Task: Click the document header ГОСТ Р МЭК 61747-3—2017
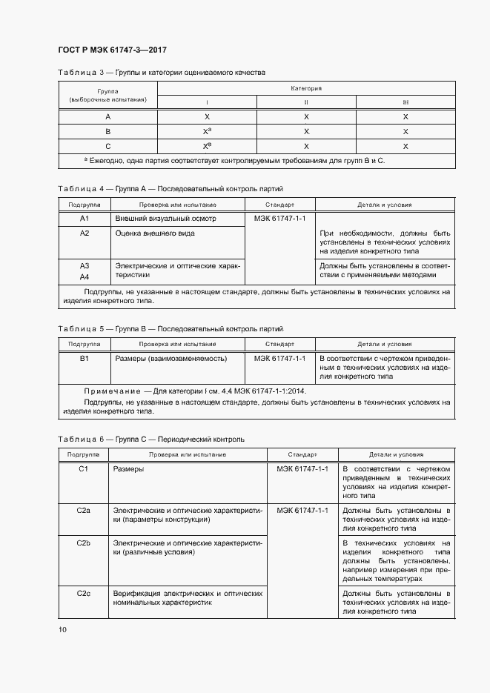coord(111,50)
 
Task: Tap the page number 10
coord(62,629)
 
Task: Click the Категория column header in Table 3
coord(306,88)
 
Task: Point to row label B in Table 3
coord(107,131)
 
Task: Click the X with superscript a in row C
coord(208,146)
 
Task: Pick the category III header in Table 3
coord(405,102)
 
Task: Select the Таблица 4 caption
coord(170,189)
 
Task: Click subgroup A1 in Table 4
coord(85,219)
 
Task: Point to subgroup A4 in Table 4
coord(85,276)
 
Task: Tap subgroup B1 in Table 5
coord(85,358)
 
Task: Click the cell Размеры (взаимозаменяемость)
coord(170,358)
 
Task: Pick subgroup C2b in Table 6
coord(84,543)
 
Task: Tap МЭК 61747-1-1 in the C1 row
coord(302,469)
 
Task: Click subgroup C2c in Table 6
coord(84,594)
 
